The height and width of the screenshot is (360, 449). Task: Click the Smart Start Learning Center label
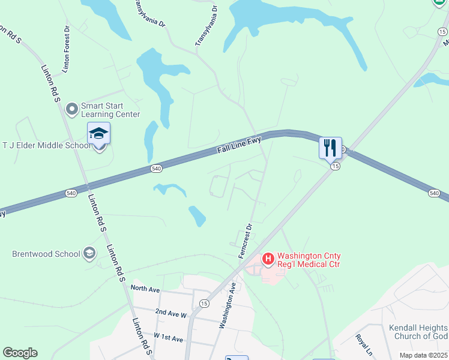[111, 109]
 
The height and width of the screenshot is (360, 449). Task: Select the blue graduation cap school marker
[99, 133]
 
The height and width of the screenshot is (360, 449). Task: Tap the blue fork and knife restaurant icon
[330, 148]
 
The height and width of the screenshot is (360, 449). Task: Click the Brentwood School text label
[46, 254]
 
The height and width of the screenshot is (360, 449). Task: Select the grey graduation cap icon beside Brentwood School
[89, 253]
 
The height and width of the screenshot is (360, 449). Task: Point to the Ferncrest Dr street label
[244, 241]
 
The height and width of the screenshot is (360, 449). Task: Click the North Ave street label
[145, 289]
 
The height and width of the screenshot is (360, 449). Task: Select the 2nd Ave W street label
[171, 313]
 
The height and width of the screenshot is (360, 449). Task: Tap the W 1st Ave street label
[168, 338]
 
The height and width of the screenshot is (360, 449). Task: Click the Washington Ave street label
[228, 307]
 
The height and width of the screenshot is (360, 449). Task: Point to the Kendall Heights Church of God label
[418, 332]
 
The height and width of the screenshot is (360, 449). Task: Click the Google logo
[20, 353]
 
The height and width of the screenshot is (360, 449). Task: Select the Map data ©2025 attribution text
[423, 355]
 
